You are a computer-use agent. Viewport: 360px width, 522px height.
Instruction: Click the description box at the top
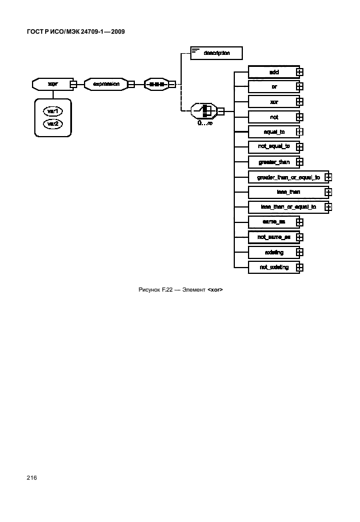[217, 53]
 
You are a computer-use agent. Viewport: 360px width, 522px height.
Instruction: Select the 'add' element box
[273, 72]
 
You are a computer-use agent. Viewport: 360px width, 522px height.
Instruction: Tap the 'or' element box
[273, 87]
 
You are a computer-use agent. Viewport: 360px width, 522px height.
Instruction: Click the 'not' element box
[273, 117]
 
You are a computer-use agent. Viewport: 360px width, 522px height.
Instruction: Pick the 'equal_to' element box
[273, 132]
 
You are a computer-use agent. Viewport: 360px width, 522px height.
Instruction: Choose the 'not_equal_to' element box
[273, 147]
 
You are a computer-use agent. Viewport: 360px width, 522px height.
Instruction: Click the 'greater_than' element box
[273, 162]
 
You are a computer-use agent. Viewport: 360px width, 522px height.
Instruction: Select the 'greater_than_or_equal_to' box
[287, 177]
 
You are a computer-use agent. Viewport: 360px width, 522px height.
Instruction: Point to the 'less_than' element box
[287, 192]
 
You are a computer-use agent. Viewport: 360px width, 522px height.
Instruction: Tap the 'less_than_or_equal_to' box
[287, 207]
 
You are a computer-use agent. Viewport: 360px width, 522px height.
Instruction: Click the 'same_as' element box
[273, 222]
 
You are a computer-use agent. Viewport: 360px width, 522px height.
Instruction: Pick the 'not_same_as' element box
[273, 237]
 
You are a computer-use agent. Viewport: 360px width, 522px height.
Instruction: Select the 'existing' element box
[273, 252]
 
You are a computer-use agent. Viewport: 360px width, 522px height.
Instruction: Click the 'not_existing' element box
[273, 267]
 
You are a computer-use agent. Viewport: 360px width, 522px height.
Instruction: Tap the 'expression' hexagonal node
[106, 84]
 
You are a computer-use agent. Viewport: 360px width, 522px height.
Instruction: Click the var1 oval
[53, 110]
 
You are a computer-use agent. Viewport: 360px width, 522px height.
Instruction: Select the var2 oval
[53, 123]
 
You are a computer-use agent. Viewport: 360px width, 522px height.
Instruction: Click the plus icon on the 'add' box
[299, 72]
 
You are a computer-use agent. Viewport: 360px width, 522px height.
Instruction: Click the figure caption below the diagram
[180, 290]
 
